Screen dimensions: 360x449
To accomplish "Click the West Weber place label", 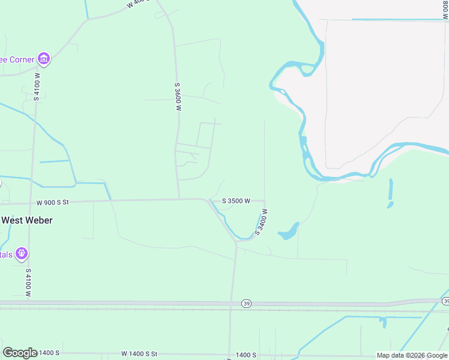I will coord(27,220).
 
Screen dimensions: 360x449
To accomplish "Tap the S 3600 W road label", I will coord(178,97).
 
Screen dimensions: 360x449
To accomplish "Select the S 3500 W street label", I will coord(236,201).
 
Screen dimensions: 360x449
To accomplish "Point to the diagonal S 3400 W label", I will coord(261,221).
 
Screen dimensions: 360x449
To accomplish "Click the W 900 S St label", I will coord(53,203).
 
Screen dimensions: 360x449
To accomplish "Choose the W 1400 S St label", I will coord(139,354).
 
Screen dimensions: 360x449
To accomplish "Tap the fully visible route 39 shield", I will coord(247,304).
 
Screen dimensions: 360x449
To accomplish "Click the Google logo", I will coord(20,353).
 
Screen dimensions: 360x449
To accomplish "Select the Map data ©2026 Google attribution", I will coord(412,355).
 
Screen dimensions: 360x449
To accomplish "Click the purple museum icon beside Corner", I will coord(43,59).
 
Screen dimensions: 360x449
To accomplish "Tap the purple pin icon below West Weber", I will coord(22,254).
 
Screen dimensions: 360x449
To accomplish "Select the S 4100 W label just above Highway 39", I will coord(28,282).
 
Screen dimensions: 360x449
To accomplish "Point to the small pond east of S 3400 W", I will coord(288,232).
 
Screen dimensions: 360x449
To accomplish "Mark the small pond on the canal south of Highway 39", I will coord(383,323).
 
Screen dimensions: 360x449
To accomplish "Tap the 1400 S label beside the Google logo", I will coord(47,353).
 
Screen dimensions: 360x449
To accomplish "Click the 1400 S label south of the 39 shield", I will coord(247,355).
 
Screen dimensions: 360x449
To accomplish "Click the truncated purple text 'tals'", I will coord(6,254).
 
